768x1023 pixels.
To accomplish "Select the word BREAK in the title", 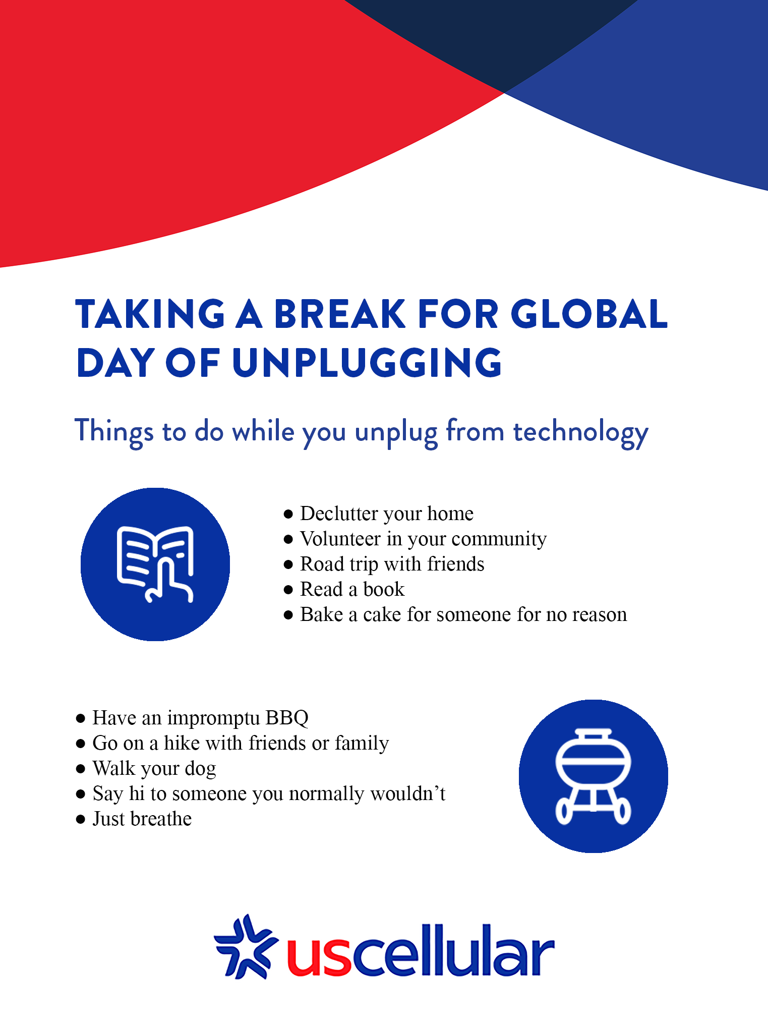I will coord(339,314).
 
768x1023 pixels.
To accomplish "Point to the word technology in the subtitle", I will coord(580,432).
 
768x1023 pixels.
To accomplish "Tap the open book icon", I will coord(155,564).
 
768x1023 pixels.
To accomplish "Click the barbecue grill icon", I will coord(593,776).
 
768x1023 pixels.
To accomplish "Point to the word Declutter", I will coord(339,514).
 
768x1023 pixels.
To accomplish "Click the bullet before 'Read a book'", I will coord(288,589).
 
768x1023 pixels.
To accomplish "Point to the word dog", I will coord(200,768).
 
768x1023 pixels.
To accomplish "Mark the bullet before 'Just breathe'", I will coord(81,819).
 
